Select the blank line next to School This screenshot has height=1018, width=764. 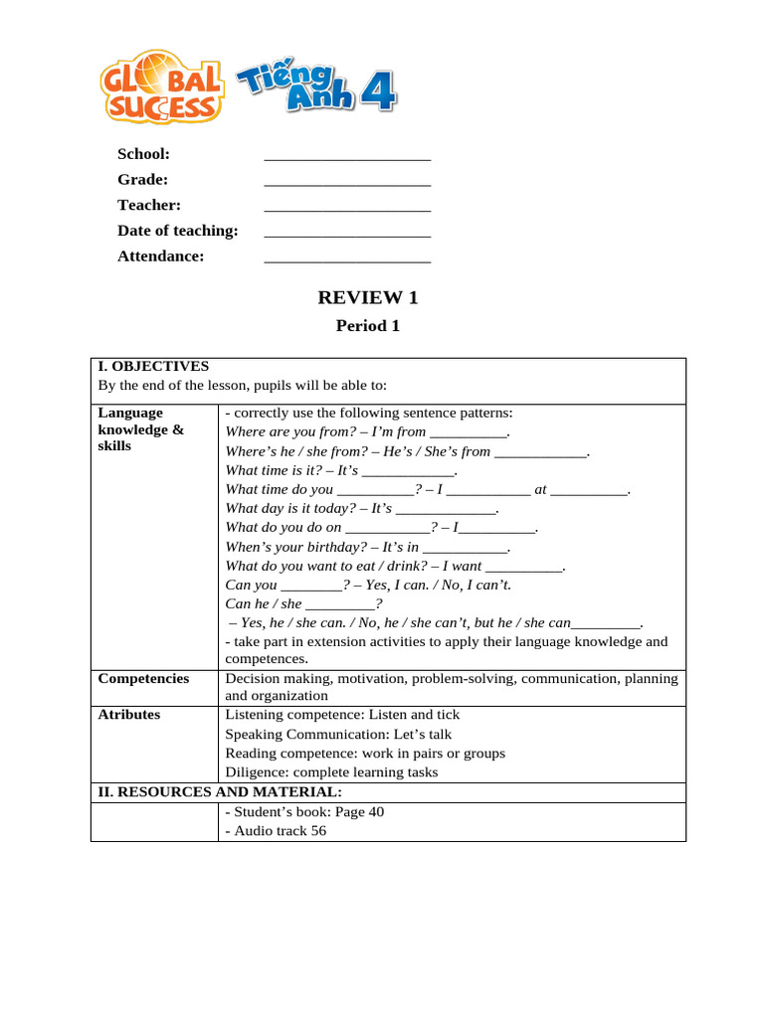coord(347,157)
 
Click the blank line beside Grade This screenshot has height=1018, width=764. coord(347,183)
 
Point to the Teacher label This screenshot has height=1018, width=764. coord(149,205)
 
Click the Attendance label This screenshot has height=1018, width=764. coord(161,255)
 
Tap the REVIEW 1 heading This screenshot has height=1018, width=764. coord(368,297)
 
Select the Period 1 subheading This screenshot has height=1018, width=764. coord(368,325)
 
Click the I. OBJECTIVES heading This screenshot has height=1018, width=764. coord(153,366)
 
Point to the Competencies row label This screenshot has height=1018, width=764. coord(143,678)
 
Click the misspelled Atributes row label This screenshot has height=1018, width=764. coord(129,715)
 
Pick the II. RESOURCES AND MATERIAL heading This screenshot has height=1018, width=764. coord(220,792)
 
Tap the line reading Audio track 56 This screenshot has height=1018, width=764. coord(276,831)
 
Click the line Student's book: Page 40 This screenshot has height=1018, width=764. coord(304,812)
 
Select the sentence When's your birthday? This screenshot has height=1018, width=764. coord(368,547)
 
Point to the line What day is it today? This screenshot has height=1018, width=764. coord(362,508)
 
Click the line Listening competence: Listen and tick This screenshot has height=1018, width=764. coord(342,715)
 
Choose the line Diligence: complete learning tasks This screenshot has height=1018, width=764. coord(331,772)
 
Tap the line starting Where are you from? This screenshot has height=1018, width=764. coord(368,431)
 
